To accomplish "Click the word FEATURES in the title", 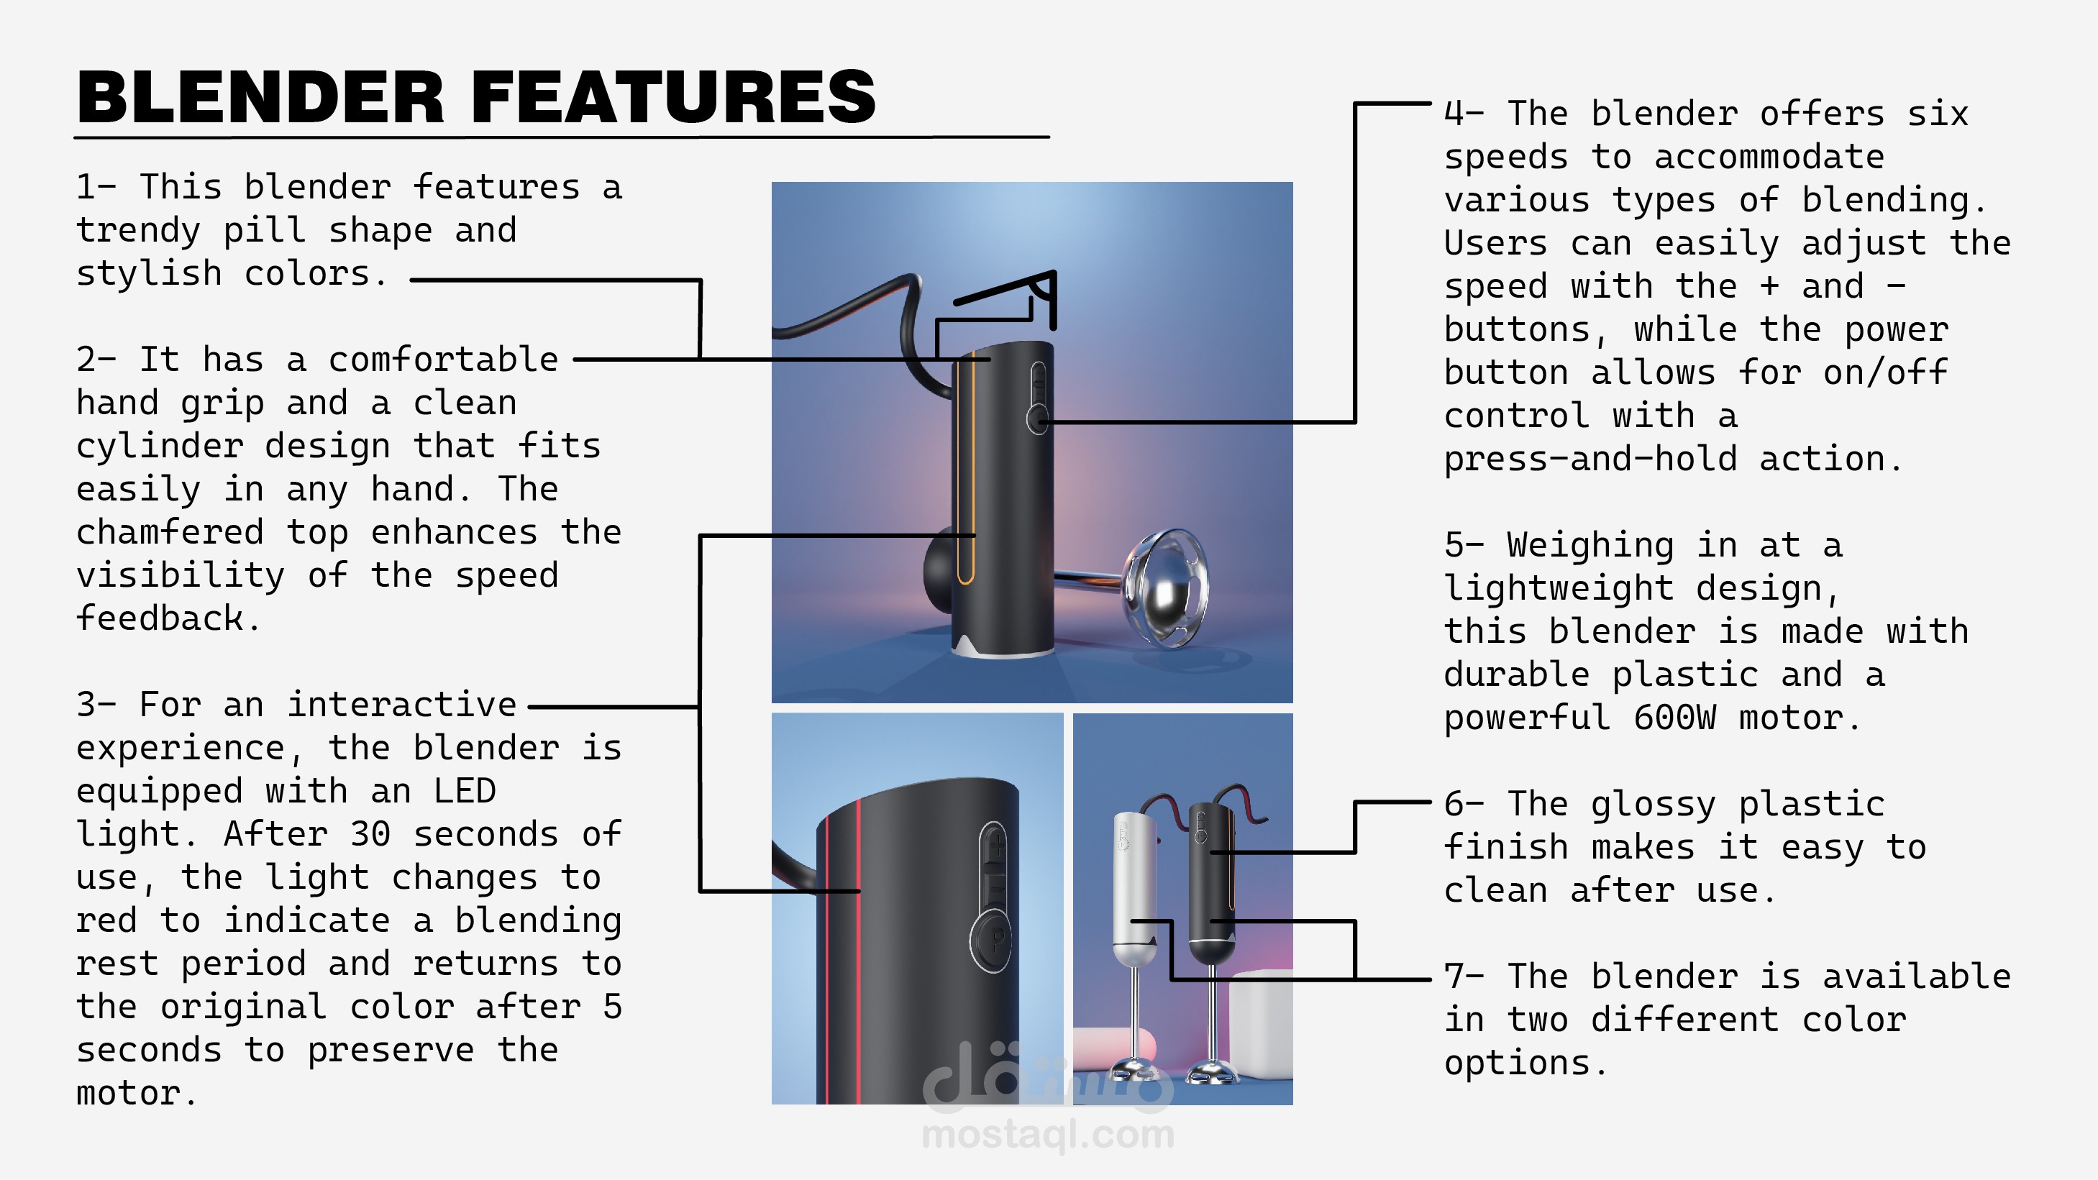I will pos(672,98).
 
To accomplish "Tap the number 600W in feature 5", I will pos(1674,718).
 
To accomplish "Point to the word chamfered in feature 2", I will pos(170,532).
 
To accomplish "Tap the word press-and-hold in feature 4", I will pos(1590,459).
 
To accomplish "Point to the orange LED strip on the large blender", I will pos(966,472).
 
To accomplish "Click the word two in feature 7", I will pos(1537,1020).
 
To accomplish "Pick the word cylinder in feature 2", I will pos(160,447).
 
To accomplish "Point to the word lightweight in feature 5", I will pos(1559,588).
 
